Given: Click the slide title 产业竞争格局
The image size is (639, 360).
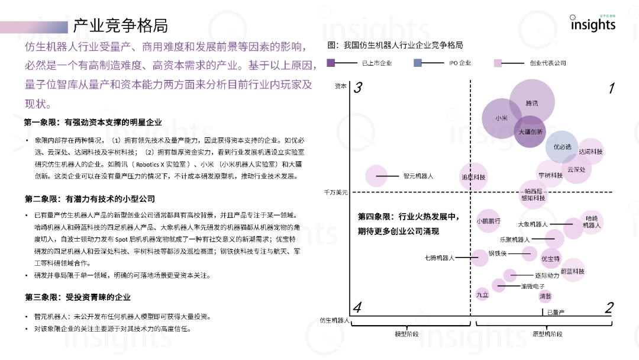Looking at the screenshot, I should point(120,25).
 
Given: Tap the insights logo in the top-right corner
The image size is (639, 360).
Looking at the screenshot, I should point(592,24).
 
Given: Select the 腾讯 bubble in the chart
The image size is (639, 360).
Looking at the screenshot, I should point(531,103).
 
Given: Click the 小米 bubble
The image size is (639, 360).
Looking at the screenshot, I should point(502,118).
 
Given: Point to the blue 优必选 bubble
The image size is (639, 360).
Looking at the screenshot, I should point(562,146).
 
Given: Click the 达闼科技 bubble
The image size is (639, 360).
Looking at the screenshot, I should point(590,152).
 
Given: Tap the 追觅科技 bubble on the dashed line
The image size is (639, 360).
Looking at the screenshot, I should point(473,177).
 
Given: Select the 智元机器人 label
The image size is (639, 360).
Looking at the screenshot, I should point(418,176).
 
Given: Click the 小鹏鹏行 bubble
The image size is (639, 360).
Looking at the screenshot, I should point(489,221).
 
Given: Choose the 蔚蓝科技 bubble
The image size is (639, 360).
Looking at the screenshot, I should point(572,271).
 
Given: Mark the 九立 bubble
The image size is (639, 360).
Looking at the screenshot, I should point(482,294).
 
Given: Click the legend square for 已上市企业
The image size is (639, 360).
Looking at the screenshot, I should point(331,63).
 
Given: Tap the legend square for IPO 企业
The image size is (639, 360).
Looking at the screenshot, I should point(418,63).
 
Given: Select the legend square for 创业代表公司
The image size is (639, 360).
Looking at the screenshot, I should point(498,63).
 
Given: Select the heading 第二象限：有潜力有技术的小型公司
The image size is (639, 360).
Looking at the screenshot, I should point(89,198).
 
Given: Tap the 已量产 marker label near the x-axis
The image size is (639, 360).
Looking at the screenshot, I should point(556,312).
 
